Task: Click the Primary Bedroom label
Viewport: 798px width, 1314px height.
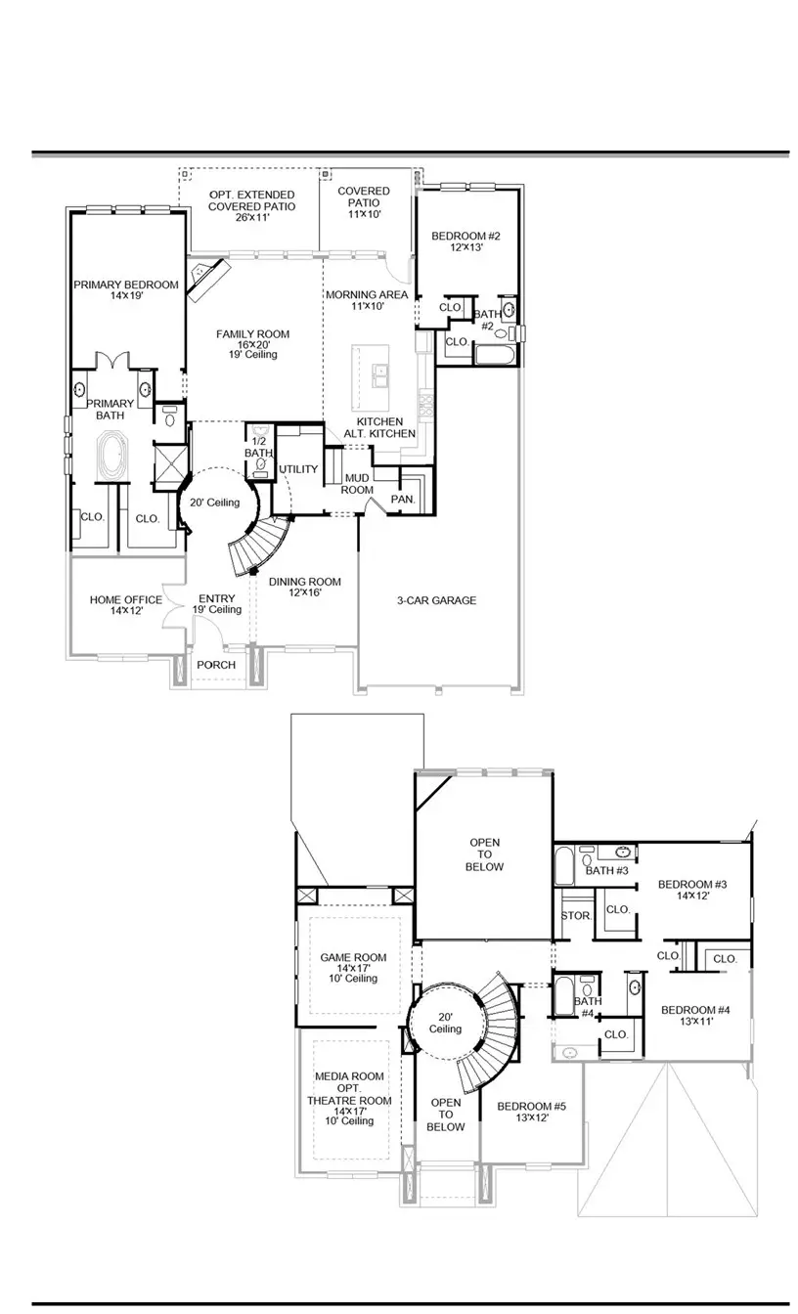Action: coord(126,289)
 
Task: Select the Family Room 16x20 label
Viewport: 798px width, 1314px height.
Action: coord(253,344)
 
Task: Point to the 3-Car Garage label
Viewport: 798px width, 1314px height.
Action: coord(437,600)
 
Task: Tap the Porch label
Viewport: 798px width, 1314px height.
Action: coord(216,666)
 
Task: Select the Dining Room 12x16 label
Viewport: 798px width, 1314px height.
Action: coord(305,586)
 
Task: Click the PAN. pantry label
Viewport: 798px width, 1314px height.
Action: coord(403,499)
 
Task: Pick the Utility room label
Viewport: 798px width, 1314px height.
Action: coord(299,470)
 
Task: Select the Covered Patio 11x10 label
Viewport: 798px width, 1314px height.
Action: coord(364,202)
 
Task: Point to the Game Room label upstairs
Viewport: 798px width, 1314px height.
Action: coord(353,968)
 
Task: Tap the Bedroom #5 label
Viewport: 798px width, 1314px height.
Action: coord(531,1113)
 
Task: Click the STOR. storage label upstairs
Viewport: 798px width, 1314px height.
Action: coord(573,916)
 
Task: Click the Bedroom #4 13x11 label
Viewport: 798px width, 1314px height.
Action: coord(695,1016)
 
